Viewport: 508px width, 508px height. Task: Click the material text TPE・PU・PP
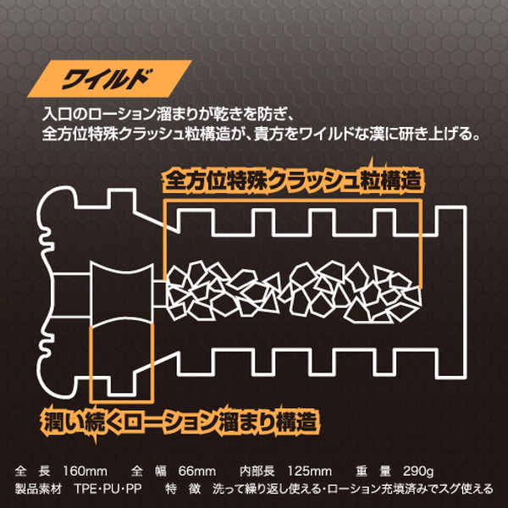pyautogui.click(x=108, y=489)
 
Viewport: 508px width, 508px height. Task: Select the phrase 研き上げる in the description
pyautogui.click(x=441, y=134)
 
